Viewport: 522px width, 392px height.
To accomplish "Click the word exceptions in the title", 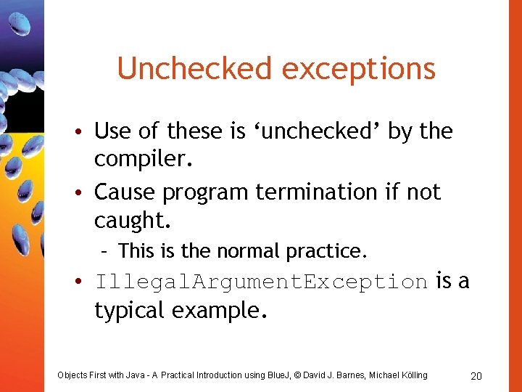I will click(x=358, y=69).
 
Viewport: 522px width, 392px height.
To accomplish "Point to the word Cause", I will click(x=125, y=192).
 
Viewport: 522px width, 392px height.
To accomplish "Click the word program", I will click(x=206, y=192).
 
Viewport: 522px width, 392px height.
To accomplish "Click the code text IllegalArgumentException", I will click(x=261, y=282).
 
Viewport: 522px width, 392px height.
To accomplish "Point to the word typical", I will click(x=130, y=311).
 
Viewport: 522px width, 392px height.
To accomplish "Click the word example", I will click(x=220, y=311).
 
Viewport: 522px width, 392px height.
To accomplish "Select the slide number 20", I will click(x=476, y=375).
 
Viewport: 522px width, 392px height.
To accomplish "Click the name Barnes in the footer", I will click(x=350, y=375).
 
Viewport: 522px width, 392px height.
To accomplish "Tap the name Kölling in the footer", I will click(x=411, y=375).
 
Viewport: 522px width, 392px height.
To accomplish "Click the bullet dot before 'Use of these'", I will click(x=84, y=132).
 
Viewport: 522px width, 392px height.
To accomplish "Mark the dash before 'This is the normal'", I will click(x=106, y=252).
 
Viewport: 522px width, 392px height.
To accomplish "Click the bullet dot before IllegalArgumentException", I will click(x=84, y=282).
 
